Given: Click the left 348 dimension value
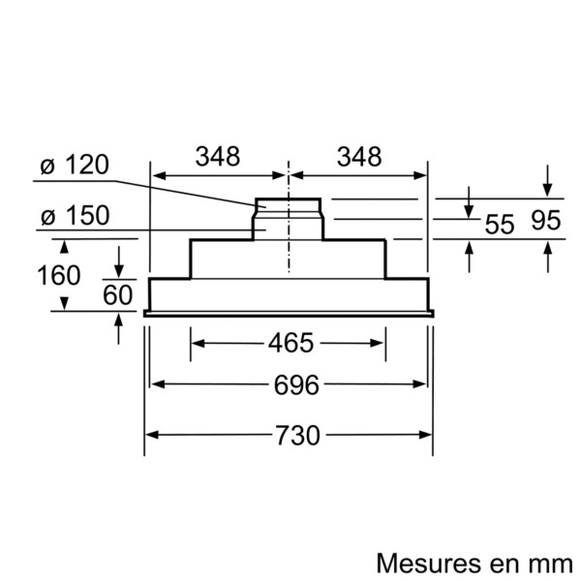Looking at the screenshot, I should tap(218, 156).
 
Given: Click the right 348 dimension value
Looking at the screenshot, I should tap(358, 156).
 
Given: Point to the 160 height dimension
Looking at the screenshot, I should tap(59, 275).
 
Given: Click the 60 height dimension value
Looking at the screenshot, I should tap(117, 295).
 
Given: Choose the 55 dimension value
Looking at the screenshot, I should tap(499, 225).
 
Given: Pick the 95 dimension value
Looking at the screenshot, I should tap(546, 221).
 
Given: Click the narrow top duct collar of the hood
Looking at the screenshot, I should tap(289, 206).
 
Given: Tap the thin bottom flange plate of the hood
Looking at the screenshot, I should tap(290, 314).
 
